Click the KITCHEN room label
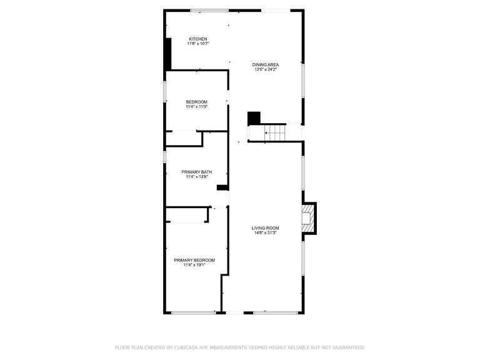click(197, 39)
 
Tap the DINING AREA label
click(266, 64)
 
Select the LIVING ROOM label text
click(265, 228)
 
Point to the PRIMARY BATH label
click(196, 172)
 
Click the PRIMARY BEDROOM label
click(194, 260)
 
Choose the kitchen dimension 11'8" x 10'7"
click(197, 44)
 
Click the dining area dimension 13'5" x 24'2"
click(266, 69)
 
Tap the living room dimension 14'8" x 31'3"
click(265, 233)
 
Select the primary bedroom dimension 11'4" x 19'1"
click(194, 265)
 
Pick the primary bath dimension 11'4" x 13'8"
click(196, 177)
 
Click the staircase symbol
click(275, 133)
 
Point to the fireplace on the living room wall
click(309, 218)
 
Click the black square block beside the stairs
click(254, 119)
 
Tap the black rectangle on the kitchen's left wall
click(167, 54)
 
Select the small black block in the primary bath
click(222, 187)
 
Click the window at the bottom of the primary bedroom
click(194, 312)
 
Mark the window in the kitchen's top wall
click(210, 11)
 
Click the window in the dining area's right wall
click(303, 80)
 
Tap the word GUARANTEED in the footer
click(349, 347)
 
